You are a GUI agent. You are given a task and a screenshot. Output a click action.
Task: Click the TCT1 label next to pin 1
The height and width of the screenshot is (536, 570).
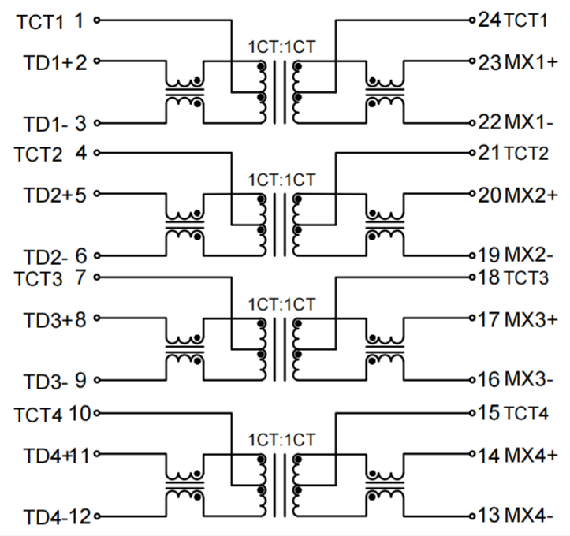(39, 22)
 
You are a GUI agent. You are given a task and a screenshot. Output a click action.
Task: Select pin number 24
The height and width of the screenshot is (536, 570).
(489, 20)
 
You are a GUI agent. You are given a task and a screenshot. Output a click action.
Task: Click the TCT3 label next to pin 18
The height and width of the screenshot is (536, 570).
(526, 277)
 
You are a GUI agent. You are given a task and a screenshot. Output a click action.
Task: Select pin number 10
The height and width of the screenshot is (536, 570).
(80, 412)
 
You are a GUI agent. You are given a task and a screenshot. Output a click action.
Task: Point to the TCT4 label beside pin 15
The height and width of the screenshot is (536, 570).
(526, 412)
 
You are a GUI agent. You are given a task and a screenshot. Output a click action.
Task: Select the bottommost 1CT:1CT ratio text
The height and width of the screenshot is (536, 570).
(282, 439)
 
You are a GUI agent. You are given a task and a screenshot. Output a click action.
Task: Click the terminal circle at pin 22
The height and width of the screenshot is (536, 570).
(471, 123)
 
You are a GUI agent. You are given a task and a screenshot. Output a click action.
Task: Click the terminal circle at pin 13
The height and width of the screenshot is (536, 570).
(471, 516)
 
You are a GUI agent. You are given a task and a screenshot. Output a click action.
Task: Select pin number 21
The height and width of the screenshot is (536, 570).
(489, 153)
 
